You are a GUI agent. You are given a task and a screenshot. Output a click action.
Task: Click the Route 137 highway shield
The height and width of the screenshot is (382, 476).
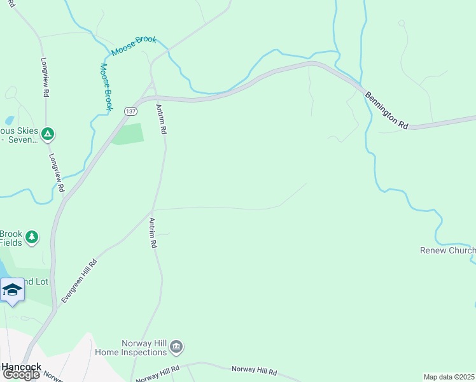coord(130,110)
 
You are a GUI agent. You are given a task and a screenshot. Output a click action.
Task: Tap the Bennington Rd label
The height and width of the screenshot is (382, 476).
coord(386,111)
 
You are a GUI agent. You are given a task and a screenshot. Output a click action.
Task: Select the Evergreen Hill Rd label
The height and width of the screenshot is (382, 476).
coord(79,281)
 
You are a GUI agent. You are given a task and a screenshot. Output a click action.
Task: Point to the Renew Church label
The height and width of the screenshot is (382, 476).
coord(447,250)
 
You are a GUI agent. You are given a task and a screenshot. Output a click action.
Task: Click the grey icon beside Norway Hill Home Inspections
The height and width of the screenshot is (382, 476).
coord(177,346)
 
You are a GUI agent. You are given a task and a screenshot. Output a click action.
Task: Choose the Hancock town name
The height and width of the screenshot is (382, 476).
coord(21,367)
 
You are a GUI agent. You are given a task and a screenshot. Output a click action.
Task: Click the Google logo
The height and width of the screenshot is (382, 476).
coord(20,374)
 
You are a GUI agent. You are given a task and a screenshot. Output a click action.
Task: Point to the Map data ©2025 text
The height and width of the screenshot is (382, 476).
coord(449,377)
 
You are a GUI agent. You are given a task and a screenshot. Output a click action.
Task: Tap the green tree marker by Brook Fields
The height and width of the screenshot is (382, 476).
coord(32,237)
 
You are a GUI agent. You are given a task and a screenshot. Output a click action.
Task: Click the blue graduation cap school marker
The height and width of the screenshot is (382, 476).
coord(12,290)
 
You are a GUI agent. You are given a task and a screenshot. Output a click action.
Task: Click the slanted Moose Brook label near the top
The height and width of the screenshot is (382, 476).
coord(134,45)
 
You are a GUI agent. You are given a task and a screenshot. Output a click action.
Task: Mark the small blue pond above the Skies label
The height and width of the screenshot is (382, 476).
coord(9,120)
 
